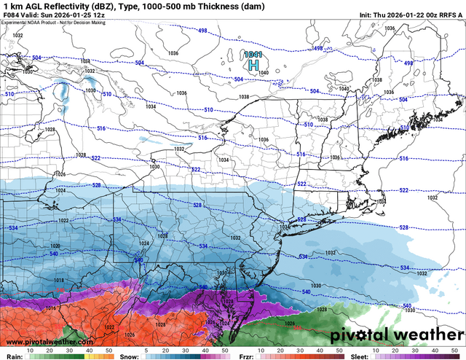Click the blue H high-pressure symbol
253,66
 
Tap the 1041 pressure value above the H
253,55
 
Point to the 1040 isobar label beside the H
264,73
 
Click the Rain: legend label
14,351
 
